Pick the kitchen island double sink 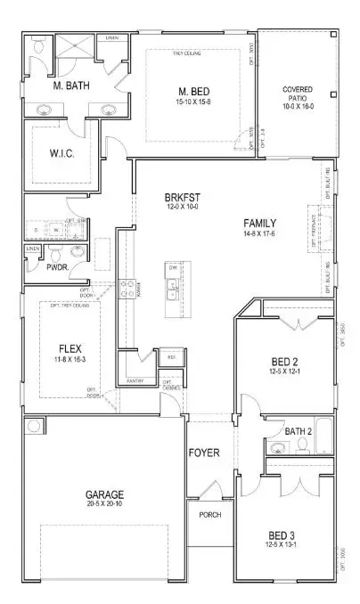coord(172,288)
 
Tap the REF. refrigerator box coord(170,358)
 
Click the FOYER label coord(203,453)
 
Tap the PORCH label coord(209,515)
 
